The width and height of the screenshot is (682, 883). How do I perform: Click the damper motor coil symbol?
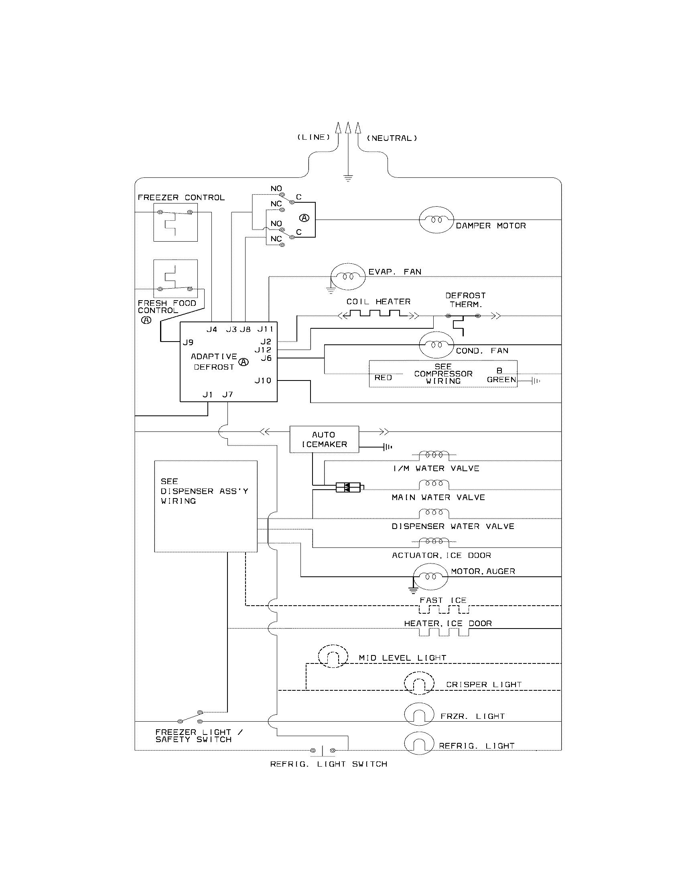point(436,220)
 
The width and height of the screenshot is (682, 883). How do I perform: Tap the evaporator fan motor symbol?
point(348,277)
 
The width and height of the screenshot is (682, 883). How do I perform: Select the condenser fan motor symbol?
point(436,345)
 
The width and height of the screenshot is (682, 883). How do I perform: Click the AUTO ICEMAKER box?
point(324,439)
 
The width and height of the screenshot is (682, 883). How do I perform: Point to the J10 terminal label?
point(263,380)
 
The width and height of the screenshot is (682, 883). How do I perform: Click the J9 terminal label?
point(188,342)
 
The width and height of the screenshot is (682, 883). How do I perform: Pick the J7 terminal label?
point(227,395)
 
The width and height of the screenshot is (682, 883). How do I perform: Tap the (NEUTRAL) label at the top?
point(392,138)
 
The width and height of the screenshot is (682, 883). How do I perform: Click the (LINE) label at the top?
point(314,137)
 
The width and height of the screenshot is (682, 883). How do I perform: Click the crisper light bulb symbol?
point(419,683)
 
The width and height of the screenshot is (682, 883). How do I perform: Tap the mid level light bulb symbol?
point(333,656)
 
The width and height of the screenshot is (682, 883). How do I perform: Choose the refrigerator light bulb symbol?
point(419,743)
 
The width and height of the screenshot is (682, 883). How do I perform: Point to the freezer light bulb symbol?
point(419,714)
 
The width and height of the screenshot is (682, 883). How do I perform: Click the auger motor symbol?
point(431,576)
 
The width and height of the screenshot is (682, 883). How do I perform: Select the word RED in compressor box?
point(383,378)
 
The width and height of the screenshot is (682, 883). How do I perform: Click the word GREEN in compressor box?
point(501,380)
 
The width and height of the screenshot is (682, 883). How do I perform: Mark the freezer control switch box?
point(175,222)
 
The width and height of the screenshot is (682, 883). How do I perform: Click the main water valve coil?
point(434,484)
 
